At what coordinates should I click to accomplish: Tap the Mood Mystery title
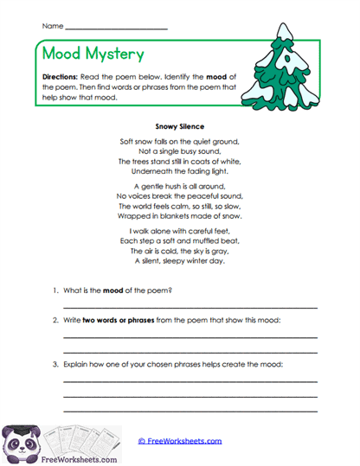point(93,54)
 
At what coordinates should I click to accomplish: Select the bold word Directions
point(60,76)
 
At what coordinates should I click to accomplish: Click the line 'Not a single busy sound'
point(180,150)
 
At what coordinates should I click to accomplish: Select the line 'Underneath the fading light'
point(180,171)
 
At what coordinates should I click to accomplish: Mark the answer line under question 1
point(190,307)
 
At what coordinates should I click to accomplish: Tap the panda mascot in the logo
point(21,442)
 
